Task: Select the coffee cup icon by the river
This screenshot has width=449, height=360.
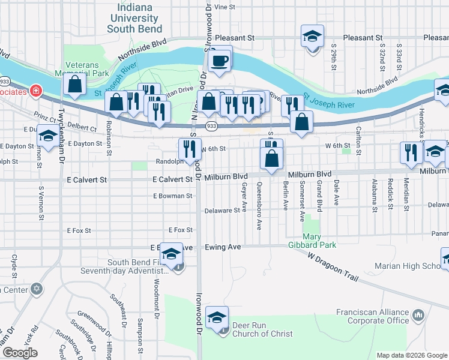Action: click(220, 60)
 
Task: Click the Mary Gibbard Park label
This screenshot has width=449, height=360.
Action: click(319, 241)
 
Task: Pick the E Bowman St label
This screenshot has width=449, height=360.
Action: click(172, 196)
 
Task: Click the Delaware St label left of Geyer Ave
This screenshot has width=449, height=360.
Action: click(221, 211)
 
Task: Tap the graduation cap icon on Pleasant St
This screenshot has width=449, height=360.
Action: click(312, 37)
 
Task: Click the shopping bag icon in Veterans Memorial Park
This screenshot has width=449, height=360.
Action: click(75, 86)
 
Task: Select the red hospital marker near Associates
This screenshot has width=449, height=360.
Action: click(36, 91)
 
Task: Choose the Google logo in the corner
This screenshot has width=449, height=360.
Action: click(20, 353)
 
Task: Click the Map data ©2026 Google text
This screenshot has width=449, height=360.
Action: click(412, 355)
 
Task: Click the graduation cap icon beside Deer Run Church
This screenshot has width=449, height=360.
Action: click(217, 318)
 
